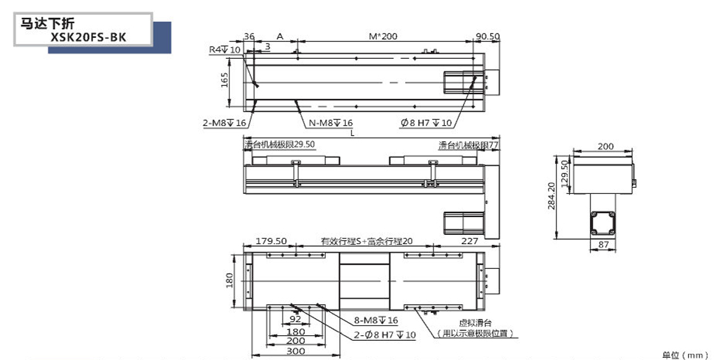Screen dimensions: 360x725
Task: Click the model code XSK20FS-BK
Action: (90, 37)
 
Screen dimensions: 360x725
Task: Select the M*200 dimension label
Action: (383, 37)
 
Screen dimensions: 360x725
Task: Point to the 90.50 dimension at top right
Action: (487, 37)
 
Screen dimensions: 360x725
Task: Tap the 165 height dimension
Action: (225, 79)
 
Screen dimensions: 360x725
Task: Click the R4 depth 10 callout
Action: (224, 49)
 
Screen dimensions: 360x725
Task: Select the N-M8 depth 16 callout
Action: (330, 123)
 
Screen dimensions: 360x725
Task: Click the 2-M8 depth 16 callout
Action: (224, 123)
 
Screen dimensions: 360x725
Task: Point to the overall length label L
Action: (352, 133)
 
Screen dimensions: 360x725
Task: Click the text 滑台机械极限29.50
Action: (280, 144)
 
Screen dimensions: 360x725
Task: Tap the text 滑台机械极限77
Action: (468, 144)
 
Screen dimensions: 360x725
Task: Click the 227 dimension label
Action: (469, 241)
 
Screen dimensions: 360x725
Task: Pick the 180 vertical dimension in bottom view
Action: (229, 281)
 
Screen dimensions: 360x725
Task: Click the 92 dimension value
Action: (295, 320)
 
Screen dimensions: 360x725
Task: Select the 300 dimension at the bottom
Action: (295, 351)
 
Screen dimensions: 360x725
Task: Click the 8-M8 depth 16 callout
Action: (376, 320)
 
